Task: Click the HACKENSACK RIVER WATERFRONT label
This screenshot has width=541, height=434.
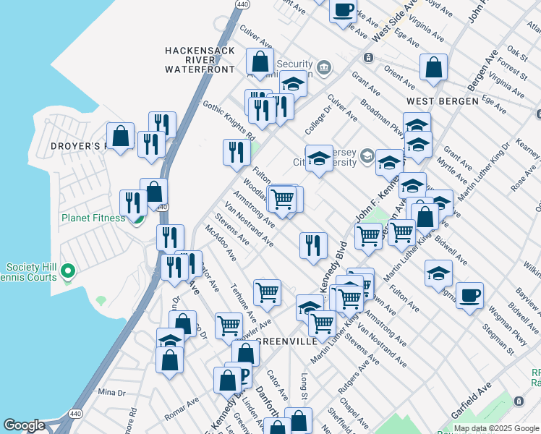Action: tap(200, 59)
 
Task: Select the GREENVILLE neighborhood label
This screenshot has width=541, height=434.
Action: tap(286, 341)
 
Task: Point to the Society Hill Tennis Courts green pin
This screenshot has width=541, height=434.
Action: tap(68, 272)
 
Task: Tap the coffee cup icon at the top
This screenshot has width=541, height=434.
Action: tap(344, 10)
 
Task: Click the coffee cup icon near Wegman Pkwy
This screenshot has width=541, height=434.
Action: tap(469, 295)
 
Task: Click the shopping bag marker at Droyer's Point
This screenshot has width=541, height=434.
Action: tap(120, 135)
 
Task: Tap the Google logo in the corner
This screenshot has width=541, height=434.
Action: tap(25, 425)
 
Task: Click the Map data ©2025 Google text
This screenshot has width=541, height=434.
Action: tap(496, 428)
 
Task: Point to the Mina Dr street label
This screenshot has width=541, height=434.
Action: tap(111, 392)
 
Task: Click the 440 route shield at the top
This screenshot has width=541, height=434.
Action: tap(238, 4)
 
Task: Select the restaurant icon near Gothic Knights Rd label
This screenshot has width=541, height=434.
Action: tap(236, 152)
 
